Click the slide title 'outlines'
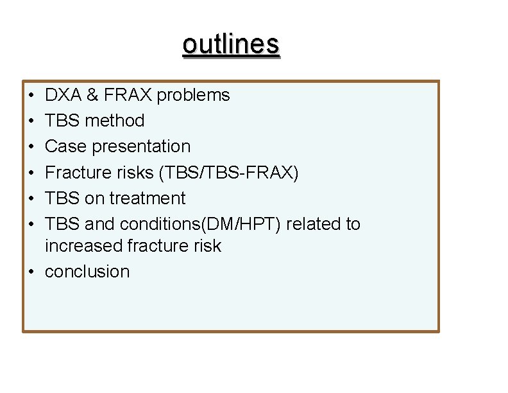(x=231, y=44)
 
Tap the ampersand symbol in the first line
(x=92, y=95)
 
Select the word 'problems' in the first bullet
(x=193, y=95)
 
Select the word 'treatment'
(x=147, y=198)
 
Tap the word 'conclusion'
(x=87, y=272)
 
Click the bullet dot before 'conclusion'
(x=31, y=272)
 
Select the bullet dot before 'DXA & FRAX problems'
(x=31, y=96)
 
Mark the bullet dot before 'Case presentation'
(x=31, y=147)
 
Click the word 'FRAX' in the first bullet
(x=128, y=95)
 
